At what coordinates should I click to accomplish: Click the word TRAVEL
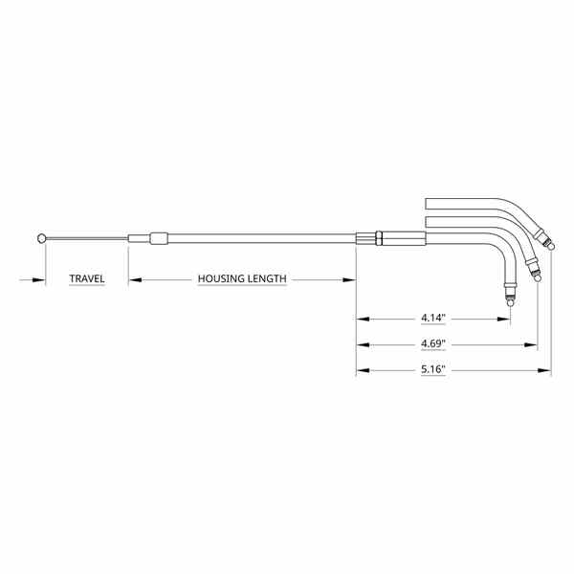(87, 279)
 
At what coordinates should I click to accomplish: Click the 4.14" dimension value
(433, 318)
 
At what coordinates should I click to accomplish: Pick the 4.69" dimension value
(433, 343)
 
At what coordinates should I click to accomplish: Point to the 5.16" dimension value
(433, 369)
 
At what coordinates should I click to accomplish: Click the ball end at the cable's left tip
(42, 238)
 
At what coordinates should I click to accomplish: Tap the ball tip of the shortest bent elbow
(510, 303)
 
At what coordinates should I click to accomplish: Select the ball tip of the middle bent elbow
(538, 278)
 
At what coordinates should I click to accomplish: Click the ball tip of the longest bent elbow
(551, 247)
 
